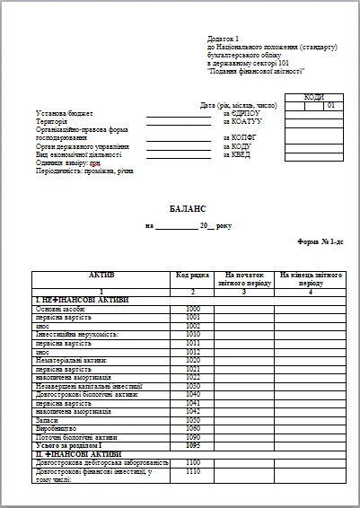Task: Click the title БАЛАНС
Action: pos(188,207)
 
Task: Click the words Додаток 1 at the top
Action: pos(224,39)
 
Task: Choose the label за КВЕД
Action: pos(235,154)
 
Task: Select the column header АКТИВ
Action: pos(101,273)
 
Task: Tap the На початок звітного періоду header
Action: pos(245,277)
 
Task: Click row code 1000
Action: pos(192,309)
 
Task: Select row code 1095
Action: pos(192,444)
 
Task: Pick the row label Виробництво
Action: pos(54,428)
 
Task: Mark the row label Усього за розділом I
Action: pos(69,444)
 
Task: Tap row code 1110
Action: pos(192,470)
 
